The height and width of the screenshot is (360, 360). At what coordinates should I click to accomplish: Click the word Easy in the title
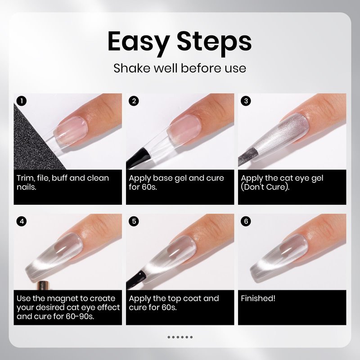(x=139, y=42)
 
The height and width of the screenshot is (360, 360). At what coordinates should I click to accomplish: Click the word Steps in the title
(x=214, y=42)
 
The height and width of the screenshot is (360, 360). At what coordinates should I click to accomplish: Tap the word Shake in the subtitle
(x=132, y=68)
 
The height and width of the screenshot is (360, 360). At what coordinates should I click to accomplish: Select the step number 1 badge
(x=22, y=101)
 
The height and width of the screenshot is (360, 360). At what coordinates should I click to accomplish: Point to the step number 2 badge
(x=134, y=101)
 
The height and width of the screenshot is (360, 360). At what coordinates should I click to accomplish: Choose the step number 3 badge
(x=246, y=101)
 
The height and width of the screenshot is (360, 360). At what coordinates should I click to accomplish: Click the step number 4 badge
(x=22, y=221)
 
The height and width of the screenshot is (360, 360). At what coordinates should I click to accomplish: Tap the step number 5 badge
(x=134, y=221)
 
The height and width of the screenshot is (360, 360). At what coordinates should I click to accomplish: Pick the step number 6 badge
(x=246, y=221)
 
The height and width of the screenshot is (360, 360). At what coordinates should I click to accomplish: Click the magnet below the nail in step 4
(x=44, y=285)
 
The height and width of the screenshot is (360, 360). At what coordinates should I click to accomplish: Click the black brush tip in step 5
(x=136, y=279)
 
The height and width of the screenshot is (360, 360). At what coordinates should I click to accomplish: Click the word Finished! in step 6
(x=258, y=298)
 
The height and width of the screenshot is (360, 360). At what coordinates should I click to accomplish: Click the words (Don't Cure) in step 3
(x=265, y=187)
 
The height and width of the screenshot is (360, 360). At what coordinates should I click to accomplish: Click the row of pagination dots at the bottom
(x=180, y=337)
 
